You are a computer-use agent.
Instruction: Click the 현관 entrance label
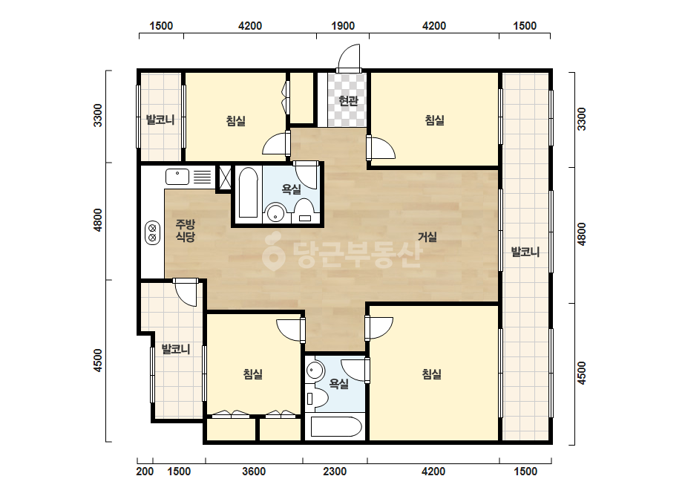(348, 101)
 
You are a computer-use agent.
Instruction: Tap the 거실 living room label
(427, 237)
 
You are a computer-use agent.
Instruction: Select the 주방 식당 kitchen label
(186, 230)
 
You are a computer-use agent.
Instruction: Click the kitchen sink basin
(177, 177)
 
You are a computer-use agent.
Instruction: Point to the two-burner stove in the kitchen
(152, 232)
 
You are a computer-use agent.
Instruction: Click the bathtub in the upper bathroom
(248, 192)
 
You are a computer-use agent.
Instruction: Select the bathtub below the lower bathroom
(335, 427)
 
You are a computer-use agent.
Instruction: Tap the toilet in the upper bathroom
(304, 210)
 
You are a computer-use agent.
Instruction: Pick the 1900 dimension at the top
(343, 26)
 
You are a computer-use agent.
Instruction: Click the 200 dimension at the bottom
(145, 472)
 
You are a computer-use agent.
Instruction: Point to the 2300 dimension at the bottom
(335, 472)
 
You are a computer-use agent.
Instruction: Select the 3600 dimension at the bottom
(254, 472)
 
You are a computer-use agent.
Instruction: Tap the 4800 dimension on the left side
(98, 221)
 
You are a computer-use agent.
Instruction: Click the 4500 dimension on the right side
(581, 373)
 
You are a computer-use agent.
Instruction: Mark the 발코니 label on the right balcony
(525, 252)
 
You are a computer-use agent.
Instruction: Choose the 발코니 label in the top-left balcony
(160, 120)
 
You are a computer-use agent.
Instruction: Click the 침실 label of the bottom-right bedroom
(432, 374)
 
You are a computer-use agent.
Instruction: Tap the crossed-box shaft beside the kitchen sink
(225, 177)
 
